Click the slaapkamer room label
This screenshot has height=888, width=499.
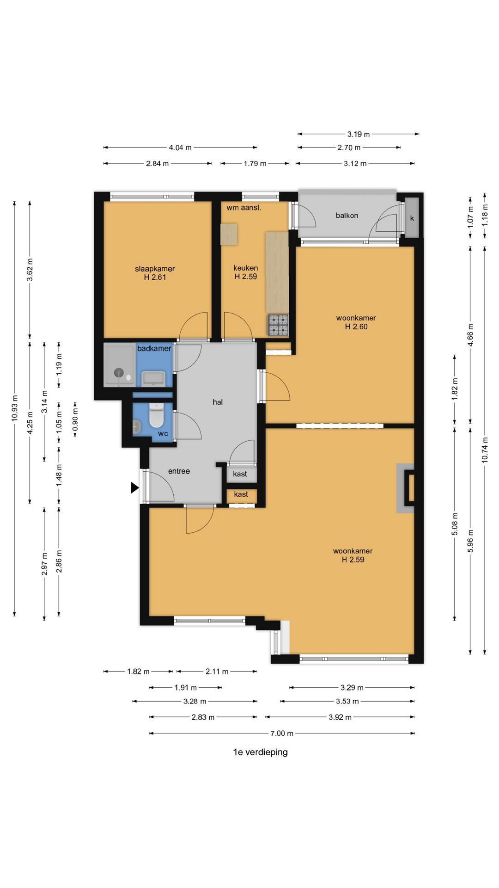pyautogui.click(x=155, y=269)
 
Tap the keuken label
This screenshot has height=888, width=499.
pyautogui.click(x=245, y=268)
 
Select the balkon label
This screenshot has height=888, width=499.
pyautogui.click(x=347, y=216)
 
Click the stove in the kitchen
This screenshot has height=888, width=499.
pyautogui.click(x=278, y=325)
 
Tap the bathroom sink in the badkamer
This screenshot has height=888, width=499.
pyautogui.click(x=153, y=378)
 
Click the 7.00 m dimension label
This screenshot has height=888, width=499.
pyautogui.click(x=282, y=733)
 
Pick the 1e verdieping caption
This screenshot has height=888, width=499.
pyautogui.click(x=261, y=752)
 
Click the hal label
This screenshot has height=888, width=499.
pyautogui.click(x=218, y=402)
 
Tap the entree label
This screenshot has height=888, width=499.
pyautogui.click(x=179, y=471)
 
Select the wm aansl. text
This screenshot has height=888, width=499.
pyautogui.click(x=244, y=208)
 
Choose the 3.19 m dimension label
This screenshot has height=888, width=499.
pyautogui.click(x=359, y=135)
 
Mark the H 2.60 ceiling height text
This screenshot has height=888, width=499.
pyautogui.click(x=356, y=327)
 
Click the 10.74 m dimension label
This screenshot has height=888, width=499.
pyautogui.click(x=484, y=450)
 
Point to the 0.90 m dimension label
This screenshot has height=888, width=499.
pyautogui.click(x=75, y=419)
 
